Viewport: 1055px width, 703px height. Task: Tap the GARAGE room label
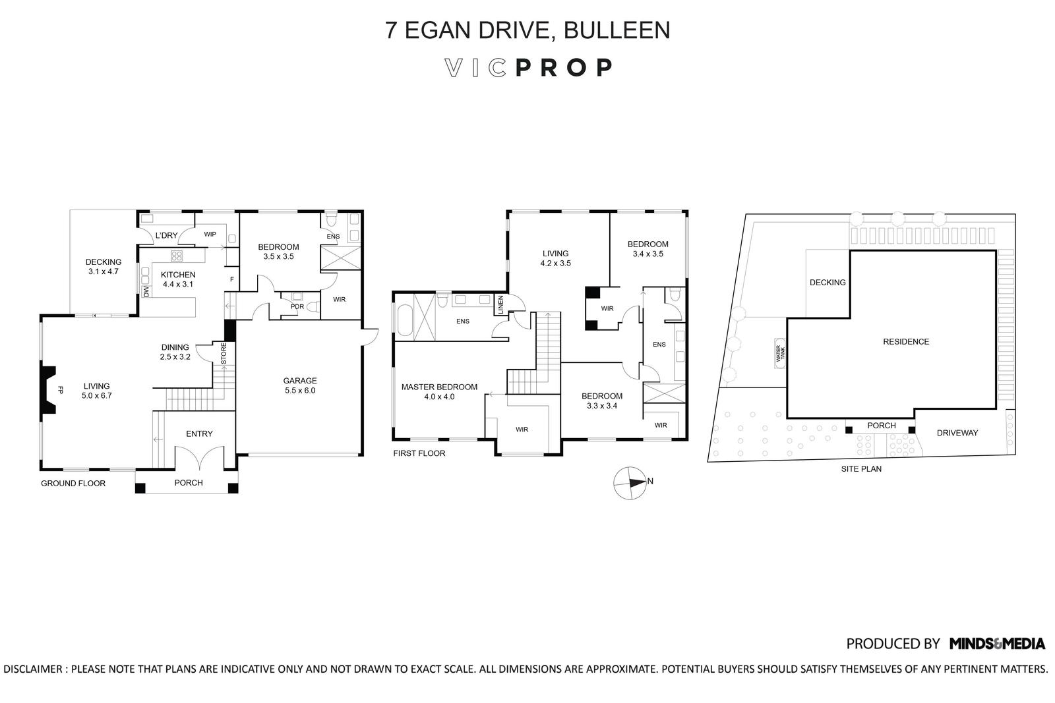pos(300,381)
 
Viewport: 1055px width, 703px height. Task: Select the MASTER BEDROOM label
pos(439,387)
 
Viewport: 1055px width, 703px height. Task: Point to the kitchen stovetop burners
pos(177,256)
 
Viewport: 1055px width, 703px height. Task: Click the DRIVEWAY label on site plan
pos(957,433)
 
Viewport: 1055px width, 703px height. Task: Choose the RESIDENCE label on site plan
pos(906,341)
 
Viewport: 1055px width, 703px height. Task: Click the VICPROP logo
pos(528,68)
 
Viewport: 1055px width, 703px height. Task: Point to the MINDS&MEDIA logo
pos(997,644)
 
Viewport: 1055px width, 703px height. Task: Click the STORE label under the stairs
pos(224,354)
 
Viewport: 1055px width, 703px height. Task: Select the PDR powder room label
pos(297,306)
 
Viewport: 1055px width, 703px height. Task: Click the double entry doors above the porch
pos(199,456)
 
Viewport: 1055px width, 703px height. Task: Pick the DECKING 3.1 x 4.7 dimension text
pos(103,271)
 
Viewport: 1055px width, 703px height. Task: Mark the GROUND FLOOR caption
pos(73,483)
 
